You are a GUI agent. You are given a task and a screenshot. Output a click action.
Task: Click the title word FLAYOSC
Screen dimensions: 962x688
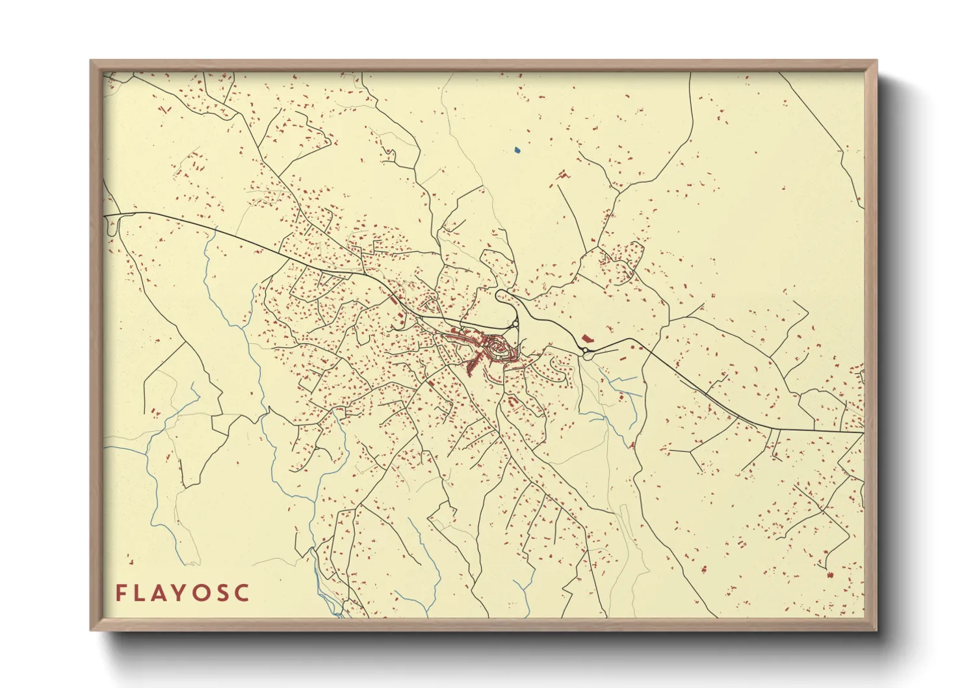click(x=183, y=593)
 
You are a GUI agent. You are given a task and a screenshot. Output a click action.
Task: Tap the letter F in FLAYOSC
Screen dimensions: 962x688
click(x=121, y=593)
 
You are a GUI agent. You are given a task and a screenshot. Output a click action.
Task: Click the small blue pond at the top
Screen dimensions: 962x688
click(x=517, y=150)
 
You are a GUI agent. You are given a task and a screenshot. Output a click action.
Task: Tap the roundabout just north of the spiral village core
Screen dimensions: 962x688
click(x=515, y=323)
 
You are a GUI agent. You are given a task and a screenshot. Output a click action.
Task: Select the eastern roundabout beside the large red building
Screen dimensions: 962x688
click(x=586, y=353)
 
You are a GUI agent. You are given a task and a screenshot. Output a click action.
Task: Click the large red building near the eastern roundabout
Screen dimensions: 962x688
click(x=588, y=339)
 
